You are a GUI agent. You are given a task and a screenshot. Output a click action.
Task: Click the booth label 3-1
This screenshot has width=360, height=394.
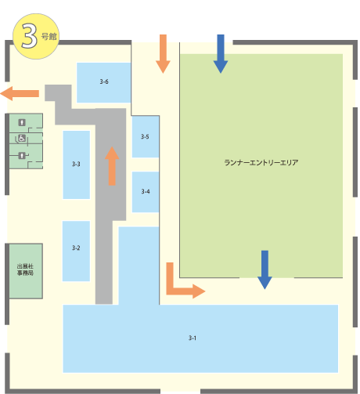point(193,338)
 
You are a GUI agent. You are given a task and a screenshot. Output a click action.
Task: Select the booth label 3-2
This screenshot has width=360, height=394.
point(76,248)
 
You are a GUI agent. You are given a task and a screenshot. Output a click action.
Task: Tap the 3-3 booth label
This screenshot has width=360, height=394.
point(76,164)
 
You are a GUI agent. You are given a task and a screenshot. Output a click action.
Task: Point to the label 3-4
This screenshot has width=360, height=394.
point(146,191)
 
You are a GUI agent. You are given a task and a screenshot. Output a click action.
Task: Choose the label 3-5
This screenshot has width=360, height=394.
point(145,136)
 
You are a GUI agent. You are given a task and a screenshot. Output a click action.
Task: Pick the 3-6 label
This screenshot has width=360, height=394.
point(104,81)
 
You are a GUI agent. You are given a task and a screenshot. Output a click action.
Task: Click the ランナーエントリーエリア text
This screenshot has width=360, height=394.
point(261,163)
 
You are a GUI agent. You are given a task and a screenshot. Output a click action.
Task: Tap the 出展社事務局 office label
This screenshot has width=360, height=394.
point(25,269)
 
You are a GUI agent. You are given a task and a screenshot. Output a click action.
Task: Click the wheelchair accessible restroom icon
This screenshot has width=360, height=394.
point(22,138)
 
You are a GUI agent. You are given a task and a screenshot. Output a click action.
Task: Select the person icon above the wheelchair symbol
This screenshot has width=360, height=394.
point(22,122)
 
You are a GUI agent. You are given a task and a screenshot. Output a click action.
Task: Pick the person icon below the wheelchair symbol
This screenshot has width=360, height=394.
point(22,156)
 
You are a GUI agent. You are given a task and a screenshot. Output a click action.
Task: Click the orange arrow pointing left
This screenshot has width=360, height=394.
point(20,93)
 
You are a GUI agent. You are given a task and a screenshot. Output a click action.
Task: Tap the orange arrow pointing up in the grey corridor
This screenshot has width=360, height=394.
point(112,166)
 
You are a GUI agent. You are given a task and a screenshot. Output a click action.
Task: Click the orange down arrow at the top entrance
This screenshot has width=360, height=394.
point(163,54)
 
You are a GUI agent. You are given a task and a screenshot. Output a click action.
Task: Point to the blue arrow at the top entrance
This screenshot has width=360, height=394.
point(221,54)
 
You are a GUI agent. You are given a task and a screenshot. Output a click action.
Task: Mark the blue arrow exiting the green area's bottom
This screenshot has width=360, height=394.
point(265,270)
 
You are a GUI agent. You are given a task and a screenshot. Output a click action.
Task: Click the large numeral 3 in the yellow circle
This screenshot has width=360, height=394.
point(29,36)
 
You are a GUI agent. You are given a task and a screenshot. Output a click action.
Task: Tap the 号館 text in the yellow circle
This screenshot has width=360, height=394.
point(49,36)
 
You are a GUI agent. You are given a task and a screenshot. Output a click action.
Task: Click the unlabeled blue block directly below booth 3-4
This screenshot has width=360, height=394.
point(139,266)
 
